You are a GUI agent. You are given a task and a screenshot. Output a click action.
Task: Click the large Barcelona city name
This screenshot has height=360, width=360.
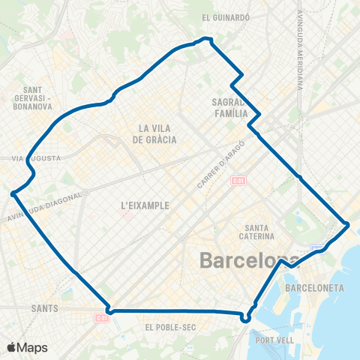[250, 261]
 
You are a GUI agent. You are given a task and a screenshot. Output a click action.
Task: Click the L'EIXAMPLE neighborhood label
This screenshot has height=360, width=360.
[145, 204]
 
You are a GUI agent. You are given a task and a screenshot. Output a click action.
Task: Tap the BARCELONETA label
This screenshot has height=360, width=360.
[314, 288]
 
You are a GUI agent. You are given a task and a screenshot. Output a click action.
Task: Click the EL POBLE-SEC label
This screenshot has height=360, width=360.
[169, 327]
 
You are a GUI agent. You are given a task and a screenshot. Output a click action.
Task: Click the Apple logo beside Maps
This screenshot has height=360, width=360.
[13, 348]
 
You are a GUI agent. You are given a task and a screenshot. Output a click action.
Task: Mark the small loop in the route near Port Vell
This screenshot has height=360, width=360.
[244, 317]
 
